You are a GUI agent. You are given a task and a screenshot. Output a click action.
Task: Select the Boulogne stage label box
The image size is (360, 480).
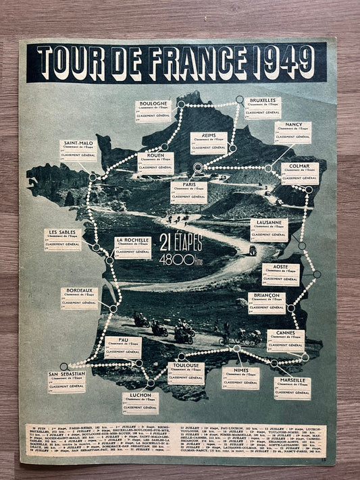point(153,111)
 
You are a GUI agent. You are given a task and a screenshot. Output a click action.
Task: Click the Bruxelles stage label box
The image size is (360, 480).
point(262,107)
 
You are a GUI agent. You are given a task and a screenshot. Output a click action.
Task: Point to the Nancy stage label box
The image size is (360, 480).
point(292,132)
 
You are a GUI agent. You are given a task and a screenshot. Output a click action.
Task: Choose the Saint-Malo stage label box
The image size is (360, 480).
point(78,151)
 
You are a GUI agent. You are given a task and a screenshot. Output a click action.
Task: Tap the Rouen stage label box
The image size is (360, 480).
point(155,163)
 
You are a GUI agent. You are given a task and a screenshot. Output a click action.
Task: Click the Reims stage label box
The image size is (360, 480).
point(208,142)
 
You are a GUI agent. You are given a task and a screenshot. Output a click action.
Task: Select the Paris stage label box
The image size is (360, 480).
point(189,191)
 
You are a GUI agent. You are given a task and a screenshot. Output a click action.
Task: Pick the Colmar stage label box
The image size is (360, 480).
point(300,173)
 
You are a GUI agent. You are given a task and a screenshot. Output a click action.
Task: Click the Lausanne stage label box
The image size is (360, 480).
point(269,230)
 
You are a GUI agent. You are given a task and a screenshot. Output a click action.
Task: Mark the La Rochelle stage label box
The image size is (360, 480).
point(132,246)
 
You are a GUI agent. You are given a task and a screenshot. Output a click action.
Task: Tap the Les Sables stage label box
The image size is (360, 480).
point(63,239)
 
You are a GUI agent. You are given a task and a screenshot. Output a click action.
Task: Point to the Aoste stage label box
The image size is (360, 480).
point(280,274)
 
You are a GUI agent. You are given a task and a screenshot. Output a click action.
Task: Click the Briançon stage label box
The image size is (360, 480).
point(266,303)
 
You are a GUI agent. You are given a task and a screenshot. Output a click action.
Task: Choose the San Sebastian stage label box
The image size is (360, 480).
point(67,381)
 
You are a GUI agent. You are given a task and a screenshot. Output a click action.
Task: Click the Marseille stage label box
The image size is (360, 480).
point(292,388)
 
